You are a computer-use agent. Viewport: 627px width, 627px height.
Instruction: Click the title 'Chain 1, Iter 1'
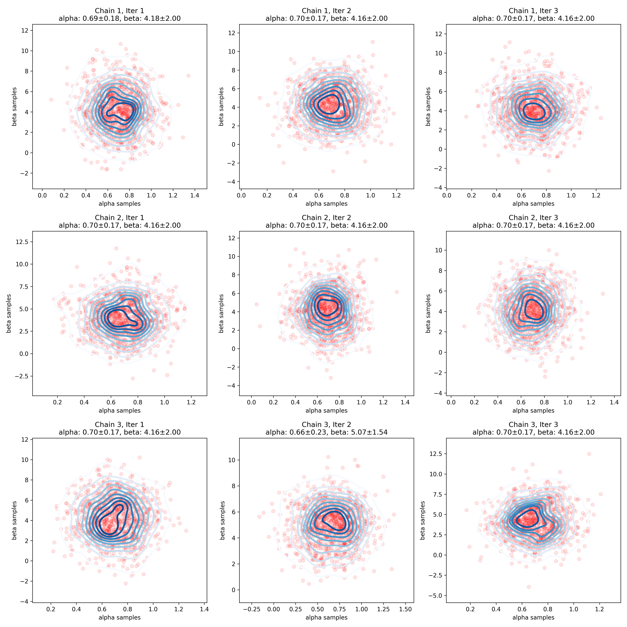pos(119,11)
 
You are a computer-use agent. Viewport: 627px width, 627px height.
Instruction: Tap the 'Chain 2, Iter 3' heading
pos(533,217)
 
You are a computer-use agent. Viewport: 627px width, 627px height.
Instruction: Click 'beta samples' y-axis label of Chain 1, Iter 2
pos(221,106)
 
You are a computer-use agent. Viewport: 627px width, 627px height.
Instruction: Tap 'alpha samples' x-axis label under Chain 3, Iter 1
pos(119,617)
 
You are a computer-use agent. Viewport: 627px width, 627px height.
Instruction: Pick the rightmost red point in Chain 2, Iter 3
pos(603,294)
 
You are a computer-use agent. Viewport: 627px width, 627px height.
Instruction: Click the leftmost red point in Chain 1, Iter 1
pos(51,100)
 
